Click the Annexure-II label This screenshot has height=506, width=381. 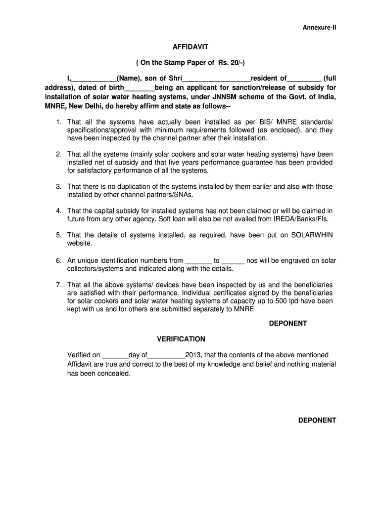click(319, 27)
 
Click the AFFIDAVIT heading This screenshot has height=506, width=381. click(190, 46)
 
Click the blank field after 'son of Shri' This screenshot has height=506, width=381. click(217, 79)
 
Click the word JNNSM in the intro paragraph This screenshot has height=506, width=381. click(226, 97)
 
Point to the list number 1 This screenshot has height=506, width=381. click(58, 122)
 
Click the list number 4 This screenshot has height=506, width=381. click(58, 211)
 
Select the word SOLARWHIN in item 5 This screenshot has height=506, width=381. click(313, 235)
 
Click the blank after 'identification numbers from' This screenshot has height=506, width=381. click(198, 260)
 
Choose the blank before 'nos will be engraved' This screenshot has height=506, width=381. click(233, 260)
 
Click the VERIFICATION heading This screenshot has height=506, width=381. click(181, 339)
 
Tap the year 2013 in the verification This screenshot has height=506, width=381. click(192, 355)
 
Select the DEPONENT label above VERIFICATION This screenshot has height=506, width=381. click(288, 323)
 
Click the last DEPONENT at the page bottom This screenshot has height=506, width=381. click(317, 421)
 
